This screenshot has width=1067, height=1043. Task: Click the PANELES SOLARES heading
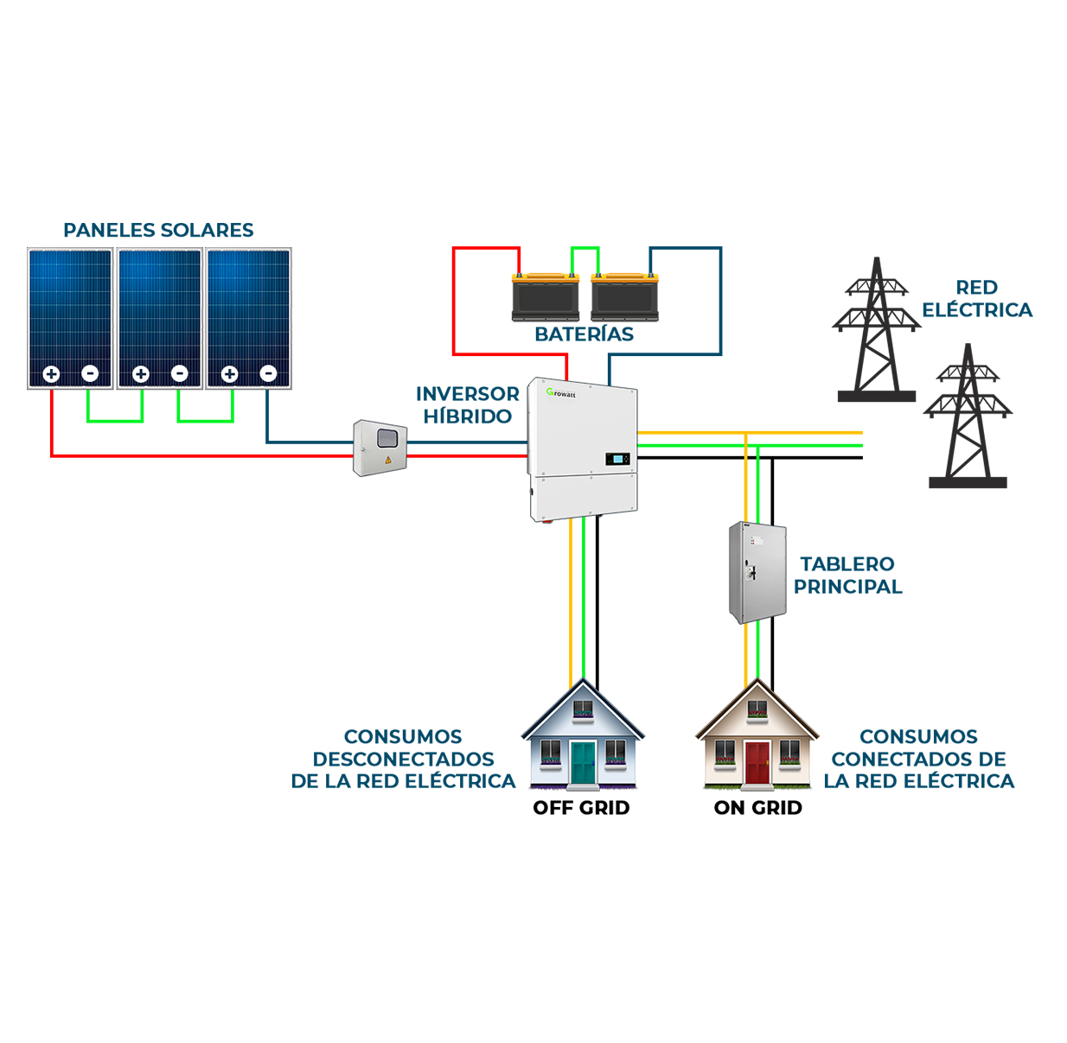pos(158,230)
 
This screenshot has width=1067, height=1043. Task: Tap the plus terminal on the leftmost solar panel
pos(51,374)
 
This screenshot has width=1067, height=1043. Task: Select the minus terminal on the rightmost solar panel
pos(268,373)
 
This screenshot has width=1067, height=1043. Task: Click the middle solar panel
pos(160,311)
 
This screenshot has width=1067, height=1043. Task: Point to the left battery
pos(545,297)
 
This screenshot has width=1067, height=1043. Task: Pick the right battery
pos(624,297)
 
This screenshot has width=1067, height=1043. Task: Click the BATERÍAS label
pos(584,334)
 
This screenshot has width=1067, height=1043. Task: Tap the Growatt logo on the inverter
pos(561,393)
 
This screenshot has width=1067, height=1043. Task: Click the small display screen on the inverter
pos(617,458)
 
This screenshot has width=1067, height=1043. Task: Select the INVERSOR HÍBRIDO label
pos(467,404)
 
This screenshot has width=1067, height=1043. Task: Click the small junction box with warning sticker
pos(380,447)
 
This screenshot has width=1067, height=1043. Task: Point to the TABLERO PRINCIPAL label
pos(847,575)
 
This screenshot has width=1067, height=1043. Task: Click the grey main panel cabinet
pos(757,572)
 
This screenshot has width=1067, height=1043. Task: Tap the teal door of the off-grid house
pos(583,762)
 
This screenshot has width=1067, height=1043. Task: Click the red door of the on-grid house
pos(757,762)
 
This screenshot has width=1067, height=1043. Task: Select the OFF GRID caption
pos(581,808)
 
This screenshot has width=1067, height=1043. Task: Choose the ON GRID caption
pos(757,808)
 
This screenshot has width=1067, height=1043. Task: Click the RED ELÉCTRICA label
pos(976,298)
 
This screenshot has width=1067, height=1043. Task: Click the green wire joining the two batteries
pos(585,249)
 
